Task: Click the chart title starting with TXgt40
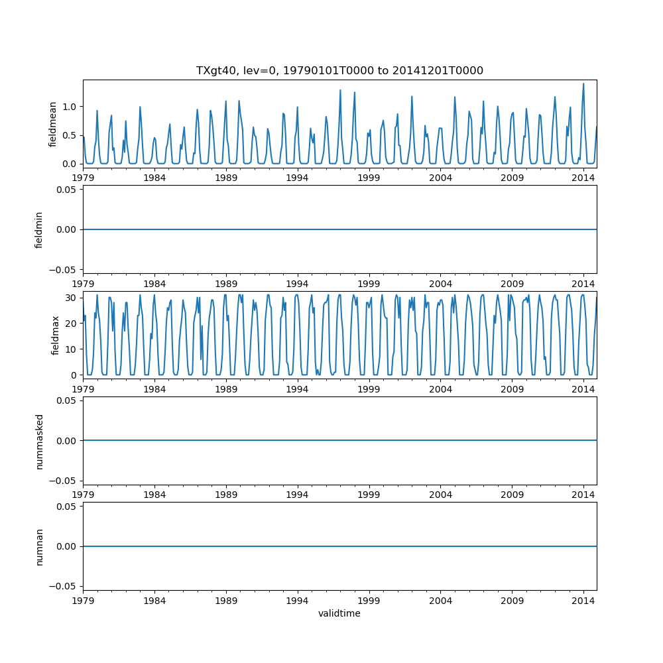[339, 70]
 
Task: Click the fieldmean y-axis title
[52, 123]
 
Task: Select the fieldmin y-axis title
[39, 229]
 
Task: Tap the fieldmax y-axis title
[56, 335]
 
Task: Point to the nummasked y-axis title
[39, 440]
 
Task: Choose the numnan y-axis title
[39, 546]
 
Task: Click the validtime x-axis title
[339, 613]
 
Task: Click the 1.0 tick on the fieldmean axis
[70, 107]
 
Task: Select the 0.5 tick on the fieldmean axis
[70, 135]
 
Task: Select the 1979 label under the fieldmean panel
[84, 177]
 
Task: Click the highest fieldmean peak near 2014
[583, 84]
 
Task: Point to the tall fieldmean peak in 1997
[340, 90]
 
